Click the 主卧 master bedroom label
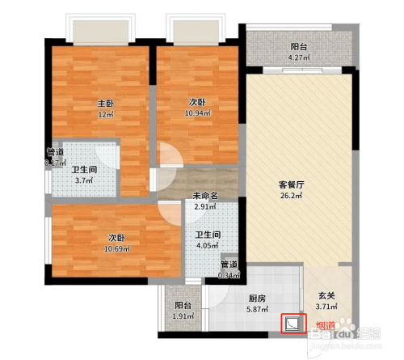coord(106,104)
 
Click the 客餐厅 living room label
coord(297,184)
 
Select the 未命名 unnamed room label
coord(205,196)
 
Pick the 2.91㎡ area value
coord(205,207)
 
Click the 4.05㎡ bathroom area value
coord(208,247)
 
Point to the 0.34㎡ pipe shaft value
coord(229,274)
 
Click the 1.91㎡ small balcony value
coord(183,317)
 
